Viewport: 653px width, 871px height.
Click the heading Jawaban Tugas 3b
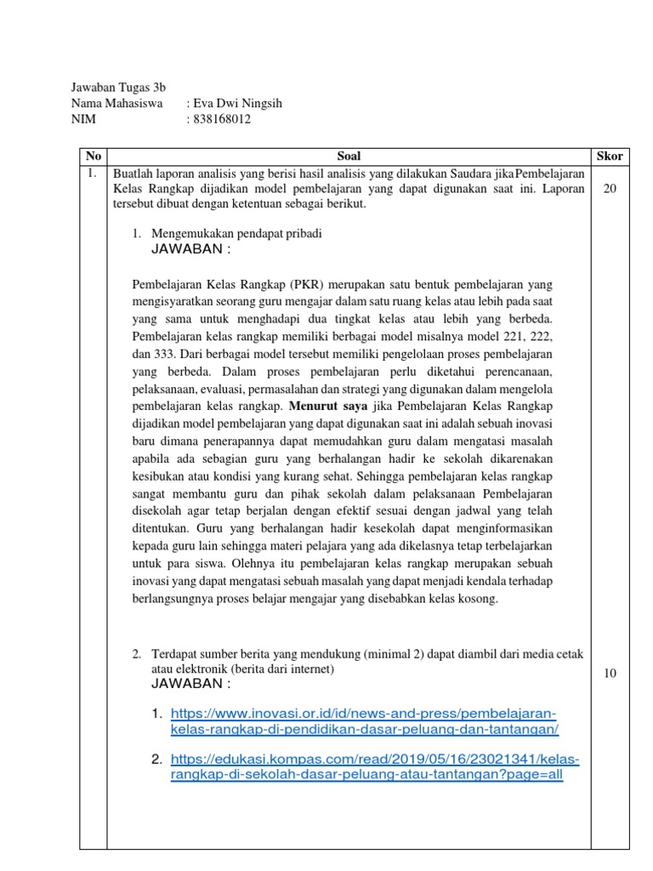(118, 88)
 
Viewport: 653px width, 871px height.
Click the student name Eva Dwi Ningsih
(238, 104)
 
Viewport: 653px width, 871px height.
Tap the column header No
(94, 157)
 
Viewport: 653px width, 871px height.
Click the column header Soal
(349, 157)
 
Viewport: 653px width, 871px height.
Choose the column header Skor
(610, 157)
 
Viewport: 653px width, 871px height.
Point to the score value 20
(610, 189)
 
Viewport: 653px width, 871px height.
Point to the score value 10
(610, 673)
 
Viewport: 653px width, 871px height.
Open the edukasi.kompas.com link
(374, 767)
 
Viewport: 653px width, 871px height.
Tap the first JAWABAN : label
(190, 249)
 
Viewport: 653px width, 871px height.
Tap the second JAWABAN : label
(190, 684)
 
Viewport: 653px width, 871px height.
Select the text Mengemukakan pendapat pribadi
(237, 233)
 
